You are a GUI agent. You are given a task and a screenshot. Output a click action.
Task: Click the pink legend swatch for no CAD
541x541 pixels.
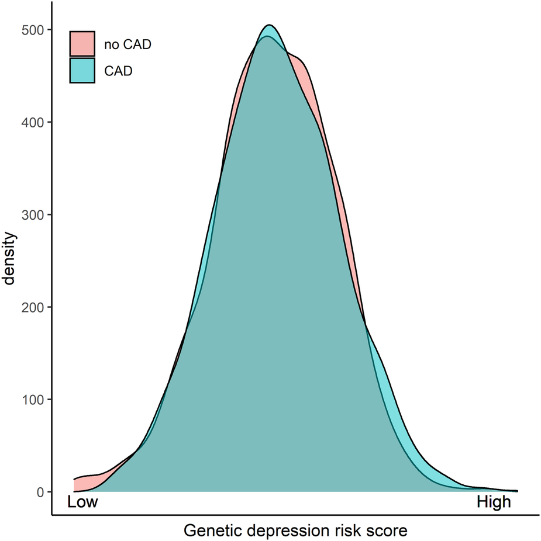(82, 44)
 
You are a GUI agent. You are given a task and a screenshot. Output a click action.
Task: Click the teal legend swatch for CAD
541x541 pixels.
(82, 71)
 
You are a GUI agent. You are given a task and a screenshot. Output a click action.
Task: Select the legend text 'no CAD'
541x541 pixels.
(123, 44)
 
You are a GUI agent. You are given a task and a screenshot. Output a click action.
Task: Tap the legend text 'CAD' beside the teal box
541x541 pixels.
(118, 71)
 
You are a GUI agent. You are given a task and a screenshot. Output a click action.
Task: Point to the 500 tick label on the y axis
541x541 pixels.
(33, 30)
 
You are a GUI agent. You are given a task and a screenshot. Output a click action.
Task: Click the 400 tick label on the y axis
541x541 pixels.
(33, 122)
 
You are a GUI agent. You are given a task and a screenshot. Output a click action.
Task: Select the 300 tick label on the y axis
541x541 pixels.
(33, 215)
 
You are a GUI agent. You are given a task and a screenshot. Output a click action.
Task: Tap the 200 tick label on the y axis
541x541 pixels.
(33, 307)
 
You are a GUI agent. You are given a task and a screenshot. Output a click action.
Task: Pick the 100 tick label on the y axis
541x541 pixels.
(33, 400)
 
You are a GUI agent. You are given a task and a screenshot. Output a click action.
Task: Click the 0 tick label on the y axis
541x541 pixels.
(40, 492)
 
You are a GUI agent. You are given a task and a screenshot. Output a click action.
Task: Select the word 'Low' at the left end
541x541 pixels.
(82, 502)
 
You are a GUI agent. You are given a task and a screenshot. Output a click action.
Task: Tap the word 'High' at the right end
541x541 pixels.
(494, 502)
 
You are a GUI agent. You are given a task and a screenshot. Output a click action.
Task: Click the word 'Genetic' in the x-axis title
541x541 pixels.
(210, 531)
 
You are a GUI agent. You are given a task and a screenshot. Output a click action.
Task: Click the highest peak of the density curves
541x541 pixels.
(269, 26)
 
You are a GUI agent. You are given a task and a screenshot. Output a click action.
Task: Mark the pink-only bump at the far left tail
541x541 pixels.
(85, 484)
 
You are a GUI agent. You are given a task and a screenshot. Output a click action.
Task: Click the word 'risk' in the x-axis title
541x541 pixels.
(345, 531)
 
